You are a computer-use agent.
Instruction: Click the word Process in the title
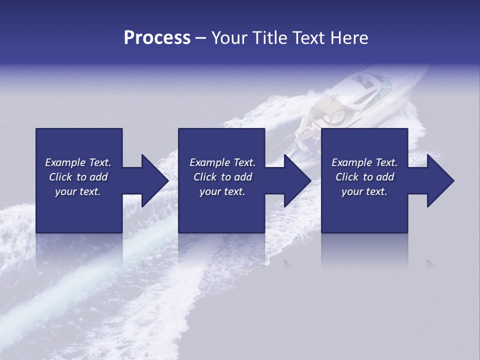coord(157,38)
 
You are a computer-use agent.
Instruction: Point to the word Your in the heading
coord(229,38)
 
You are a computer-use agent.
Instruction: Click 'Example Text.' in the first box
coord(78,162)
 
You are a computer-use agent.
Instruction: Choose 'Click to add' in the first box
coord(78,177)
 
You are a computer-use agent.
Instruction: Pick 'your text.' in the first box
coord(78,191)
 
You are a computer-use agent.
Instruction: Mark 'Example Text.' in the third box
coord(364,162)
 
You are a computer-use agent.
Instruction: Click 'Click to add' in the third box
coord(364,177)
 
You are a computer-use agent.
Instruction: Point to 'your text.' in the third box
coord(364,191)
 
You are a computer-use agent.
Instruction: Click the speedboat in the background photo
coord(350,100)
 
